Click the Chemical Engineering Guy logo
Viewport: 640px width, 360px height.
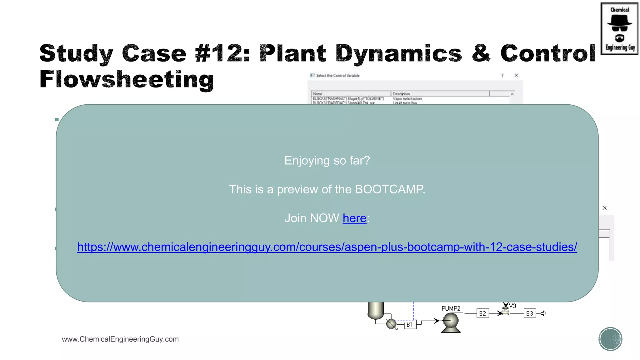tap(619, 29)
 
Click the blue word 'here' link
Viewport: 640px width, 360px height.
tap(354, 218)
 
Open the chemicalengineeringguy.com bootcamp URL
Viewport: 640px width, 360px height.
tap(327, 247)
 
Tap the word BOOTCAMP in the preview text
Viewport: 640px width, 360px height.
tap(389, 189)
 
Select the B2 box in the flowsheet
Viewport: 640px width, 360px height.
tap(482, 313)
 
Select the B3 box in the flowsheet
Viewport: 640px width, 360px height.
tap(529, 313)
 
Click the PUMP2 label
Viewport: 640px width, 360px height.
tap(451, 308)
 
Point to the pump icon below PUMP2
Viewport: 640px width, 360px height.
tap(451, 322)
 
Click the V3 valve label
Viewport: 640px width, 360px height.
tap(512, 306)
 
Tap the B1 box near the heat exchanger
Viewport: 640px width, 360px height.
tap(410, 325)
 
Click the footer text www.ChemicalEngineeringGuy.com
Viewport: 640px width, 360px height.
tap(120, 339)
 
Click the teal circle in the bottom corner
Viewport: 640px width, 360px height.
tap(610, 339)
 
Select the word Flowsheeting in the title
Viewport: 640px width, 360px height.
tap(127, 79)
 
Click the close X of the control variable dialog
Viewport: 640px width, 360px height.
tap(516, 75)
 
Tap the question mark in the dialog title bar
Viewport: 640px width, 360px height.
tap(502, 75)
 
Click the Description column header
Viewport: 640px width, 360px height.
tap(401, 94)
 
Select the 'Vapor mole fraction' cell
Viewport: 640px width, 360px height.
tap(407, 99)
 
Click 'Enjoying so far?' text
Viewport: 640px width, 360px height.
tap(327, 161)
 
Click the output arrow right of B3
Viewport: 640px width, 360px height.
tap(543, 313)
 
